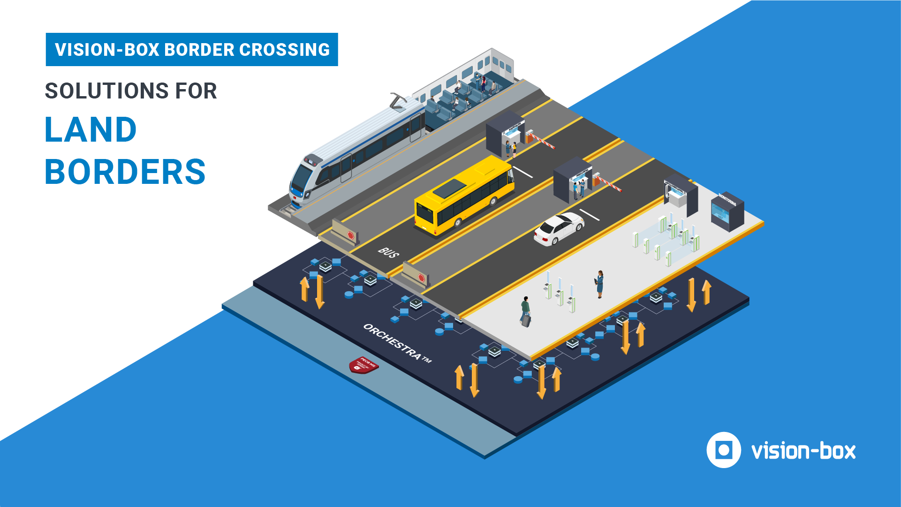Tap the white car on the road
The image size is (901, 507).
(x=559, y=228)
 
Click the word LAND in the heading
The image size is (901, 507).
(x=91, y=130)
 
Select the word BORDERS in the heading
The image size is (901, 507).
(x=125, y=172)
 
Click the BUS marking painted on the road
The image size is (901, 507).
(x=388, y=253)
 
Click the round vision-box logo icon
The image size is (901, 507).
(x=723, y=450)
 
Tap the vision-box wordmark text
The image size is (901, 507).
(x=803, y=451)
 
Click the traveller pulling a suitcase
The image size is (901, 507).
(x=525, y=310)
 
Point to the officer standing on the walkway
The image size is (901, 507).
(x=600, y=284)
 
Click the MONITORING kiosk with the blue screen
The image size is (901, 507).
(x=727, y=212)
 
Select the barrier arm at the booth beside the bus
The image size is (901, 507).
(x=541, y=139)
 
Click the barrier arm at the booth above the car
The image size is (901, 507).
(x=608, y=183)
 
